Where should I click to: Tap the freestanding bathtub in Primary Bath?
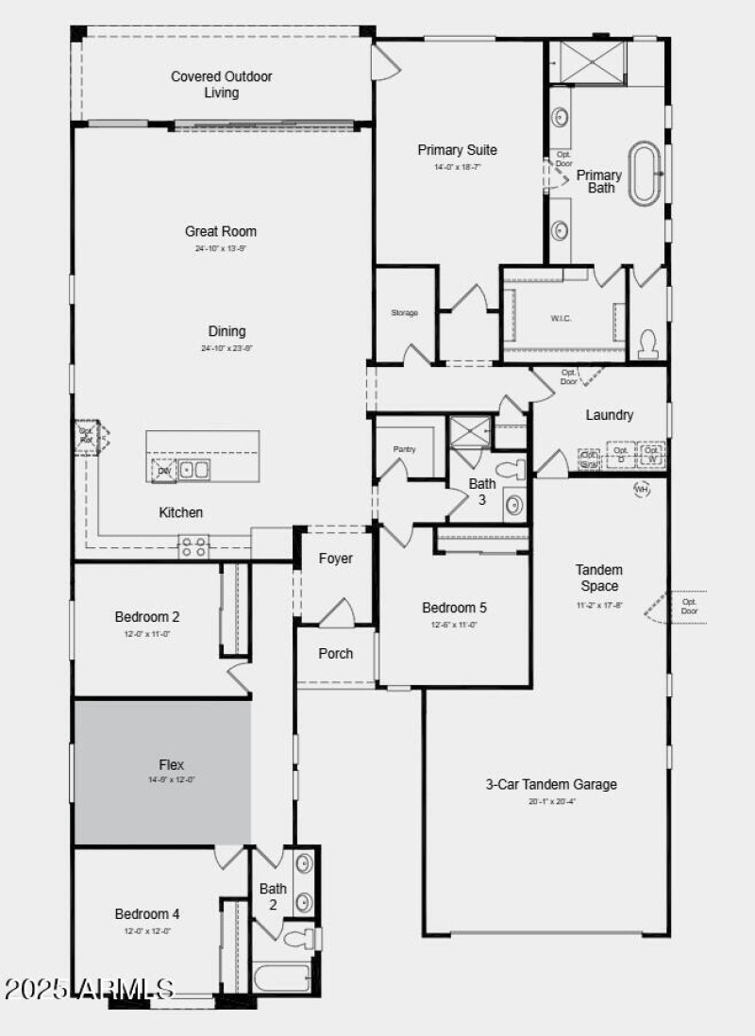(x=646, y=173)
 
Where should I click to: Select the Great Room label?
(x=220, y=231)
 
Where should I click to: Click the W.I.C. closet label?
(x=561, y=318)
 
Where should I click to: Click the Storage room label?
(x=404, y=312)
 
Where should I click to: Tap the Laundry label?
(x=609, y=415)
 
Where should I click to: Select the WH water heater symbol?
(x=642, y=489)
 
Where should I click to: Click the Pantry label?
(x=404, y=449)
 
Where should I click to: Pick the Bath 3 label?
(x=481, y=492)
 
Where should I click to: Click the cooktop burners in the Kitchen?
(x=193, y=546)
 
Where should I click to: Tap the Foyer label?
(x=335, y=559)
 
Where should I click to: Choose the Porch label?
(x=335, y=653)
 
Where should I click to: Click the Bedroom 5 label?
(x=454, y=608)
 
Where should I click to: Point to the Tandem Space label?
(x=599, y=577)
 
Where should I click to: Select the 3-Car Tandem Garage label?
(x=551, y=784)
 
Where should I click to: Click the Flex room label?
(x=171, y=764)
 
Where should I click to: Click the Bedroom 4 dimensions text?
(x=147, y=931)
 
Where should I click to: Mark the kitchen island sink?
(x=194, y=469)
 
